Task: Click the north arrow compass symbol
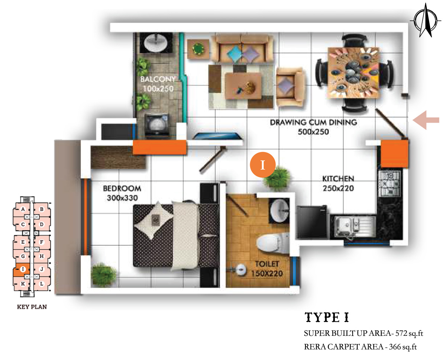click(x=426, y=21)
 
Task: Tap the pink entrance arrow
click(x=426, y=120)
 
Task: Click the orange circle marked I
click(x=263, y=165)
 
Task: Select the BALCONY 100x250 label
click(x=158, y=84)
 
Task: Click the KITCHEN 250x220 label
click(x=338, y=183)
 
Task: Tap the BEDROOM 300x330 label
click(x=122, y=193)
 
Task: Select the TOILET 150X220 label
click(x=267, y=269)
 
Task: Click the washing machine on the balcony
click(x=156, y=125)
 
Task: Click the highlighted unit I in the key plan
click(x=21, y=269)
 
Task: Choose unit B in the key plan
click(x=42, y=209)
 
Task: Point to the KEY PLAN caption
click(x=32, y=307)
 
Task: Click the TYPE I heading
click(x=327, y=318)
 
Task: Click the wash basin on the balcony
click(x=156, y=43)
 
